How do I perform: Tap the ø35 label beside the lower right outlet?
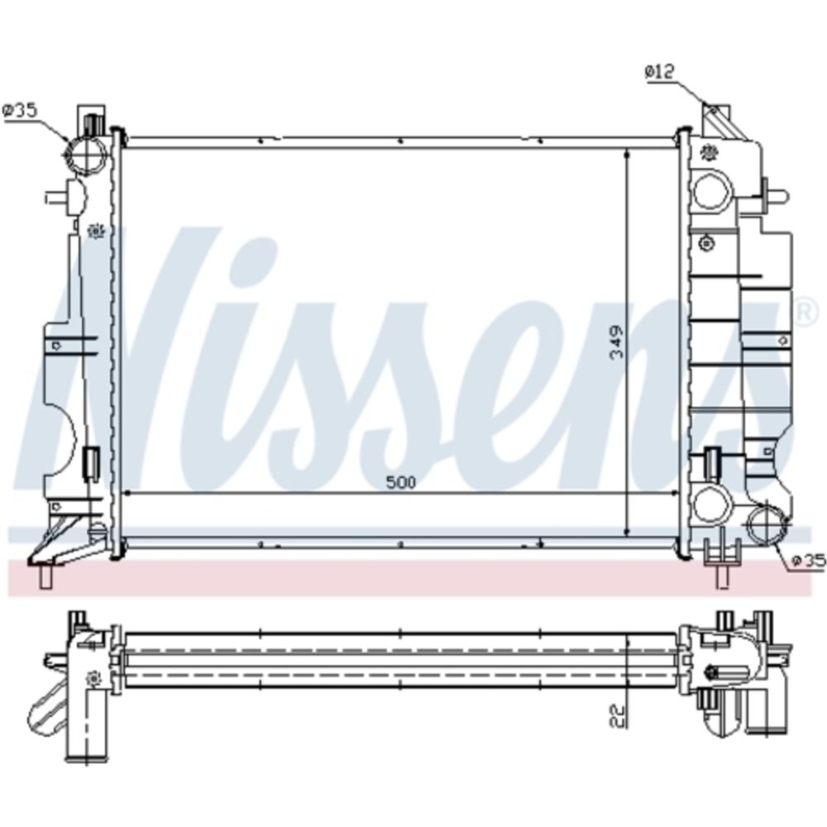pyautogui.click(x=808, y=562)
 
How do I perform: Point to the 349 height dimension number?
pyautogui.click(x=616, y=341)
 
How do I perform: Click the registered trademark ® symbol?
pyautogui.click(x=801, y=312)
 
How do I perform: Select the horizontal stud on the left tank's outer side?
pyautogui.click(x=56, y=197)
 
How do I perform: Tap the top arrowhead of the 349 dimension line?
pyautogui.click(x=627, y=155)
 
